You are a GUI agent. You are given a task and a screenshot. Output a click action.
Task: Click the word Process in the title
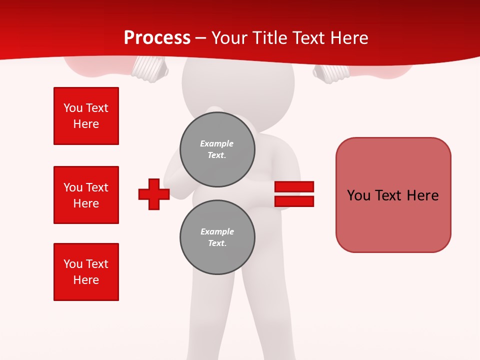(x=157, y=38)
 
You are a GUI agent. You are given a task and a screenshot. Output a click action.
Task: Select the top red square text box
(x=86, y=116)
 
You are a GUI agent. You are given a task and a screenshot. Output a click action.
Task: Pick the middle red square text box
(x=86, y=195)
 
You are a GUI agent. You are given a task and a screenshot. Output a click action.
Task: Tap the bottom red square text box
(x=86, y=272)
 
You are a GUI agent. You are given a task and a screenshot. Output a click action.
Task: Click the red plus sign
(x=154, y=194)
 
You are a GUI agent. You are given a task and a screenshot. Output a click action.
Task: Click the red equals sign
(x=294, y=194)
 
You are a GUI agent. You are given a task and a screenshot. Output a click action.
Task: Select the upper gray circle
(x=217, y=149)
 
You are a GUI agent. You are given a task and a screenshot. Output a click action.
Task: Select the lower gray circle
(x=217, y=237)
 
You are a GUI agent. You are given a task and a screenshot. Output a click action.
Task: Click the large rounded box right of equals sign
(x=393, y=195)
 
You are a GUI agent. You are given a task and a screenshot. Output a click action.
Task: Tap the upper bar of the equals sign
(x=294, y=186)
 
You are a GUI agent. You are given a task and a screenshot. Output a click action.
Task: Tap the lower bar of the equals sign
(x=294, y=201)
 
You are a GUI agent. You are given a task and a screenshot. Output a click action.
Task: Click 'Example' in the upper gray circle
(x=217, y=143)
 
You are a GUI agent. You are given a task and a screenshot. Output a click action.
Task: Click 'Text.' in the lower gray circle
(x=217, y=243)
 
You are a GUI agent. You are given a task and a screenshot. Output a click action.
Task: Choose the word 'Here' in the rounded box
(x=422, y=195)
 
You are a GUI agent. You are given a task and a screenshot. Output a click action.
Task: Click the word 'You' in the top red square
(x=73, y=108)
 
